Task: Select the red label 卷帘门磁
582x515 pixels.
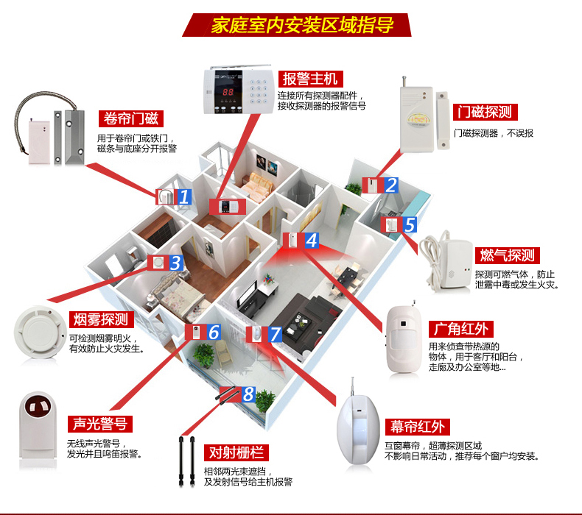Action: (130, 119)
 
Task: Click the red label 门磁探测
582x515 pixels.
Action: (483, 112)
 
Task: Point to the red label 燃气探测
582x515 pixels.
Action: (506, 255)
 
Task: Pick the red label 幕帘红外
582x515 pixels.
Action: (418, 427)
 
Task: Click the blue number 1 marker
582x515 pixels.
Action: (184, 196)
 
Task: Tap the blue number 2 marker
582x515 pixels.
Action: (390, 185)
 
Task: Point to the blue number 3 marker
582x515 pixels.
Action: (175, 263)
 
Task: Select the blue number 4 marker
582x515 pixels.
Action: (311, 240)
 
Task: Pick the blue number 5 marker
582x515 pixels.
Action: (409, 225)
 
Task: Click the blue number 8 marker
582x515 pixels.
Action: (248, 395)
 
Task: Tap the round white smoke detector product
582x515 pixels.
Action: (35, 331)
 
